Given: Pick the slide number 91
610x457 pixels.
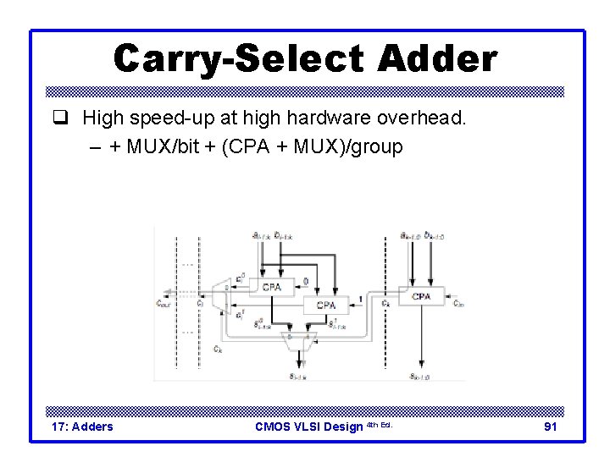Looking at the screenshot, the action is point(550,427).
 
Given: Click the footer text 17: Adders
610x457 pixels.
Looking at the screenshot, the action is point(81,427).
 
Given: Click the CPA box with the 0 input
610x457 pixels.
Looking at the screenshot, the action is point(270,288).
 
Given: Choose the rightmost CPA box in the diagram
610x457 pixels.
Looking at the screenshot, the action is point(421,296).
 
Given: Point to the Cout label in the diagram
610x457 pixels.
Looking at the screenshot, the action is point(163,302).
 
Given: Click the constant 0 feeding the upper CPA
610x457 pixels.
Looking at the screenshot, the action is point(306,283).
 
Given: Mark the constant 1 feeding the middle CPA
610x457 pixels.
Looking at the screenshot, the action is point(362,300).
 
